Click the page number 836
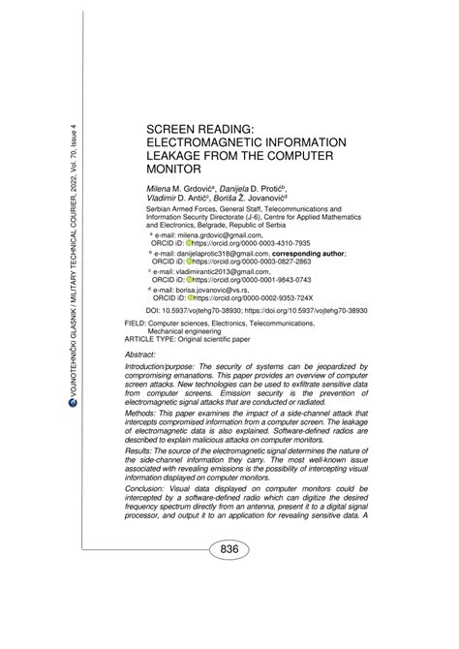[229, 549]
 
